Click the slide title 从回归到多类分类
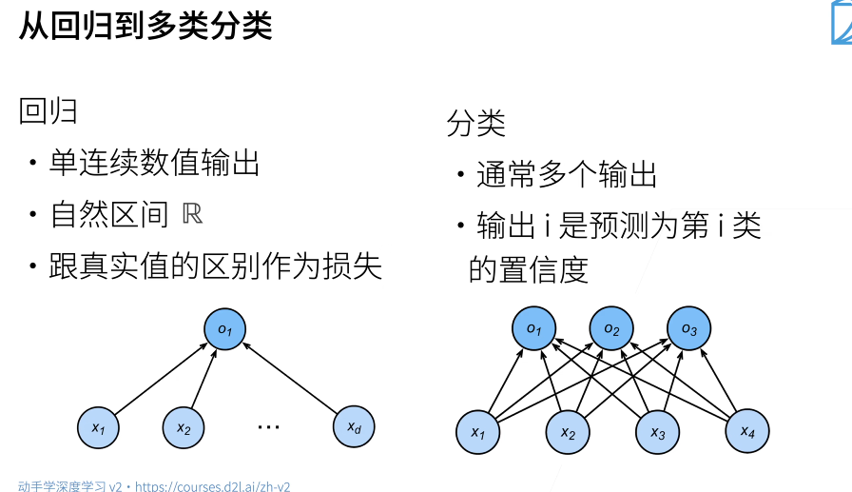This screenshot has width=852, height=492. click(145, 26)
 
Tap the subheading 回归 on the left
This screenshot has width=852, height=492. click(48, 112)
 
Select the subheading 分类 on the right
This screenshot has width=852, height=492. click(475, 124)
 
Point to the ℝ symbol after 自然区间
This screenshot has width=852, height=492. click(192, 214)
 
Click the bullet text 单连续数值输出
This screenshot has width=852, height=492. click(155, 164)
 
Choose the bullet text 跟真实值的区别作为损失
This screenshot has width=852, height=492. click(216, 266)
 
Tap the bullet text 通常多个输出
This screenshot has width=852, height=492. click(567, 175)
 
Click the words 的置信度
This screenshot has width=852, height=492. click(529, 269)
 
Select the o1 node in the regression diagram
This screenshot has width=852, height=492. click(225, 329)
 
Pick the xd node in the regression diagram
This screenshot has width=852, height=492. click(354, 429)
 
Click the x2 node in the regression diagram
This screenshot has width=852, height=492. click(184, 429)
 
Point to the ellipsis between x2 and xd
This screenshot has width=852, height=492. click(269, 426)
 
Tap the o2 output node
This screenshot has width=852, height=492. click(610, 329)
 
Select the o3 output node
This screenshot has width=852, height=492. click(687, 329)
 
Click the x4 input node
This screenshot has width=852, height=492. click(746, 432)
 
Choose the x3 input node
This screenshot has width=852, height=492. click(657, 432)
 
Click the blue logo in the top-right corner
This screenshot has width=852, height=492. click(842, 23)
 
